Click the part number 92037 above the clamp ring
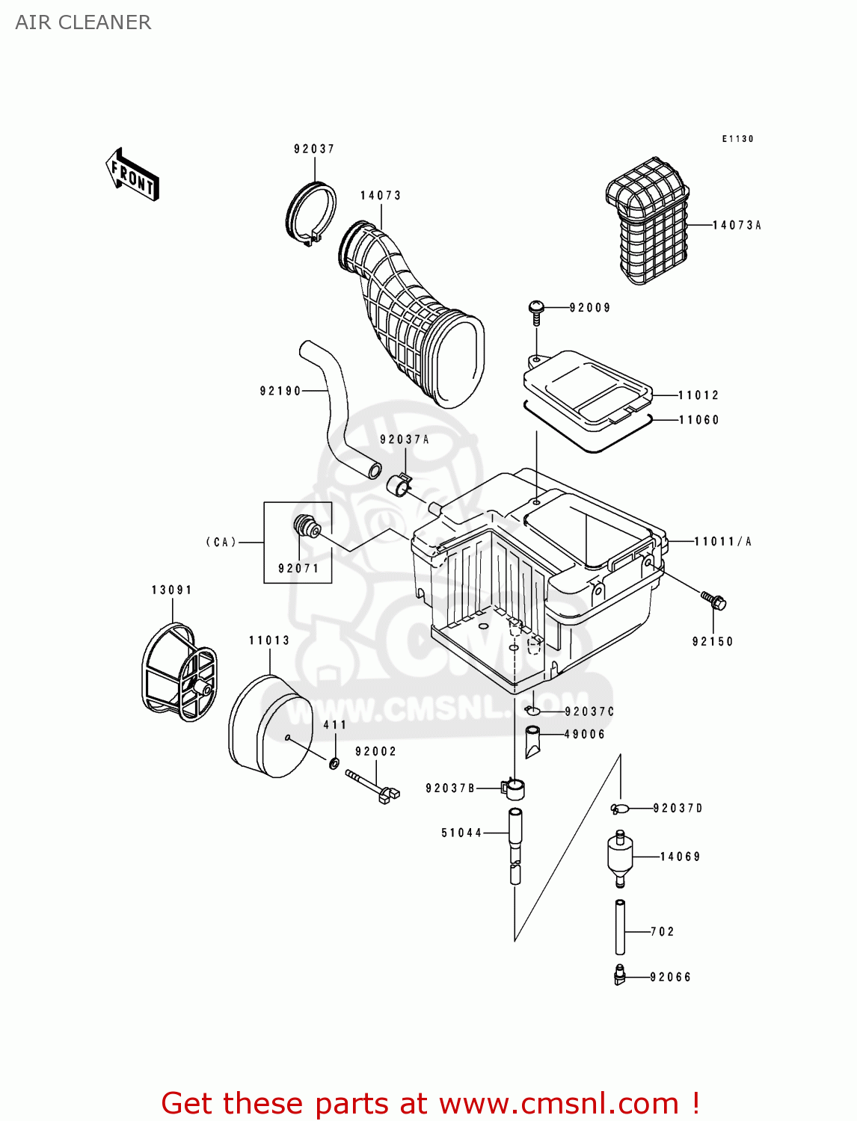(314, 149)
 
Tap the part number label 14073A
(737, 225)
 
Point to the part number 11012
(698, 395)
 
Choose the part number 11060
(698, 420)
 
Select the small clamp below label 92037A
(399, 485)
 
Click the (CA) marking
(221, 542)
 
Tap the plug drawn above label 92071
(306, 526)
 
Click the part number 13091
(172, 590)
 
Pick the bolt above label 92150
(713, 599)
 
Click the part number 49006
(584, 735)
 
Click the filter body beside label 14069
(620, 857)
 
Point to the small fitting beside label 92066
(619, 976)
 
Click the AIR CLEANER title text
(83, 22)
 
